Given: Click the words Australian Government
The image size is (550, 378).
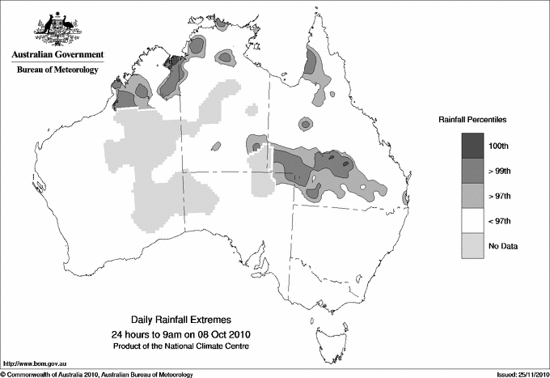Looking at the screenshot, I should coord(57,55).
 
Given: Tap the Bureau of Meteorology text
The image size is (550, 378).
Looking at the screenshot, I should coord(57,70).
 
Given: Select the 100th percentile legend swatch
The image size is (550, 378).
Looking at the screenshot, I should coord(472,145).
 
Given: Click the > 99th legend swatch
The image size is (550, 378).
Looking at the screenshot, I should coord(472,170).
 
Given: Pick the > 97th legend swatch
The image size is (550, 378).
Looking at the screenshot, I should coord(472,195).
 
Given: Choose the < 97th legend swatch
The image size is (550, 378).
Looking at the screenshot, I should coord(472,220).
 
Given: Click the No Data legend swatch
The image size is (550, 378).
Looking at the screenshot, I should coord(472,245).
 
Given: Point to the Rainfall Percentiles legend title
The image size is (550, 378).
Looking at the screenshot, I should coord(472,119).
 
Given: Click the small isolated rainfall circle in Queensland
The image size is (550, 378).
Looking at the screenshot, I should coord(305,124).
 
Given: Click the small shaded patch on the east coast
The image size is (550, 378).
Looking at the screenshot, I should coord(404,197).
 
